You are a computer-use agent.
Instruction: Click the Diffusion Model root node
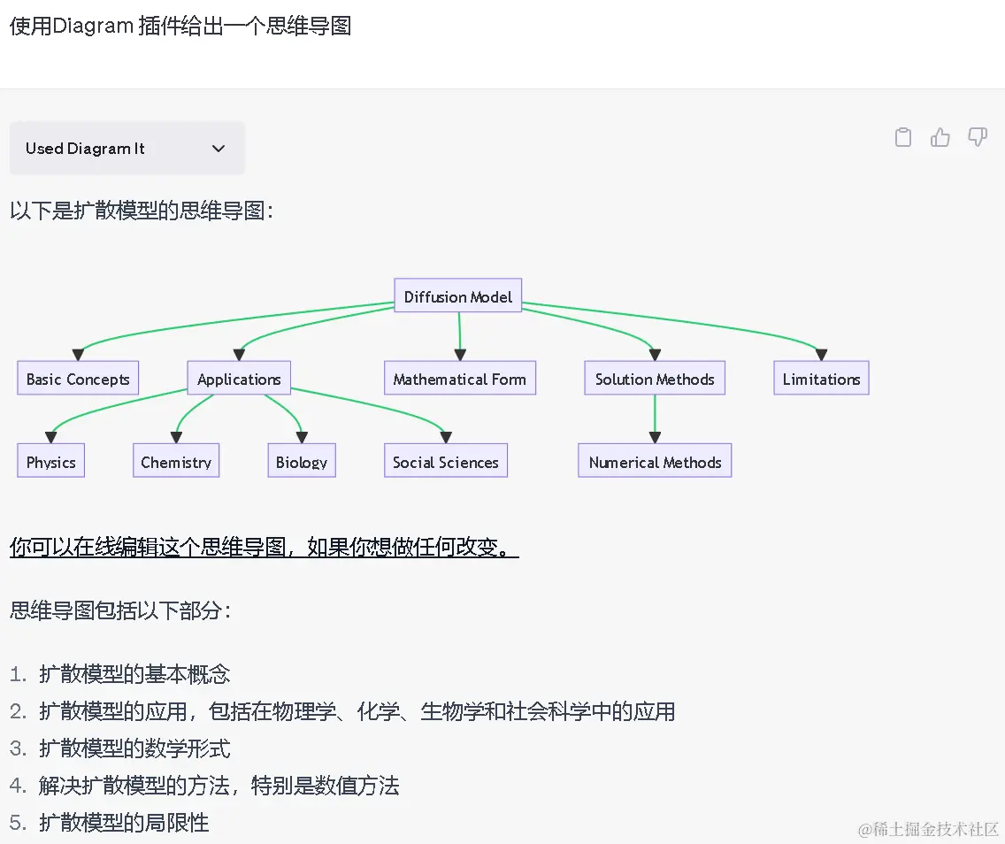[457, 295]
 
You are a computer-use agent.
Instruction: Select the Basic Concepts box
[78, 378]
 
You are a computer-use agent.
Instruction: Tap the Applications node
[239, 378]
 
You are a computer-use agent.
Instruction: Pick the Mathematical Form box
[459, 378]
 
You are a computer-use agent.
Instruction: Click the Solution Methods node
[655, 378]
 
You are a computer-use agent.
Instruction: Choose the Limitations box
[821, 378]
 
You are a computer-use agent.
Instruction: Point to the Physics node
[50, 461]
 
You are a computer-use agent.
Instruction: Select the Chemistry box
[176, 461]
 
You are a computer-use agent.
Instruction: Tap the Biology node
[302, 461]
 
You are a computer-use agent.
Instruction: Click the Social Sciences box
[446, 461]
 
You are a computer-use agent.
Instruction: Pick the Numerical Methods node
[655, 461]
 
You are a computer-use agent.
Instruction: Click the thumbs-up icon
[940, 137]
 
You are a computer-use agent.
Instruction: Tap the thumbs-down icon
[978, 137]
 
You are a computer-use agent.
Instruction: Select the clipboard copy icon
[903, 137]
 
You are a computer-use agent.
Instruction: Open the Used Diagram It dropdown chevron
[219, 149]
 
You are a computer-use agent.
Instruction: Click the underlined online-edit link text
[264, 547]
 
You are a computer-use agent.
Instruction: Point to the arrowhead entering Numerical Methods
[655, 438]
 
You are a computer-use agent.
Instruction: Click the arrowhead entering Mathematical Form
[459, 355]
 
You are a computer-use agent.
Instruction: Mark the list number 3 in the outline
[18, 748]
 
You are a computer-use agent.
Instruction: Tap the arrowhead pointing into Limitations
[821, 355]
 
